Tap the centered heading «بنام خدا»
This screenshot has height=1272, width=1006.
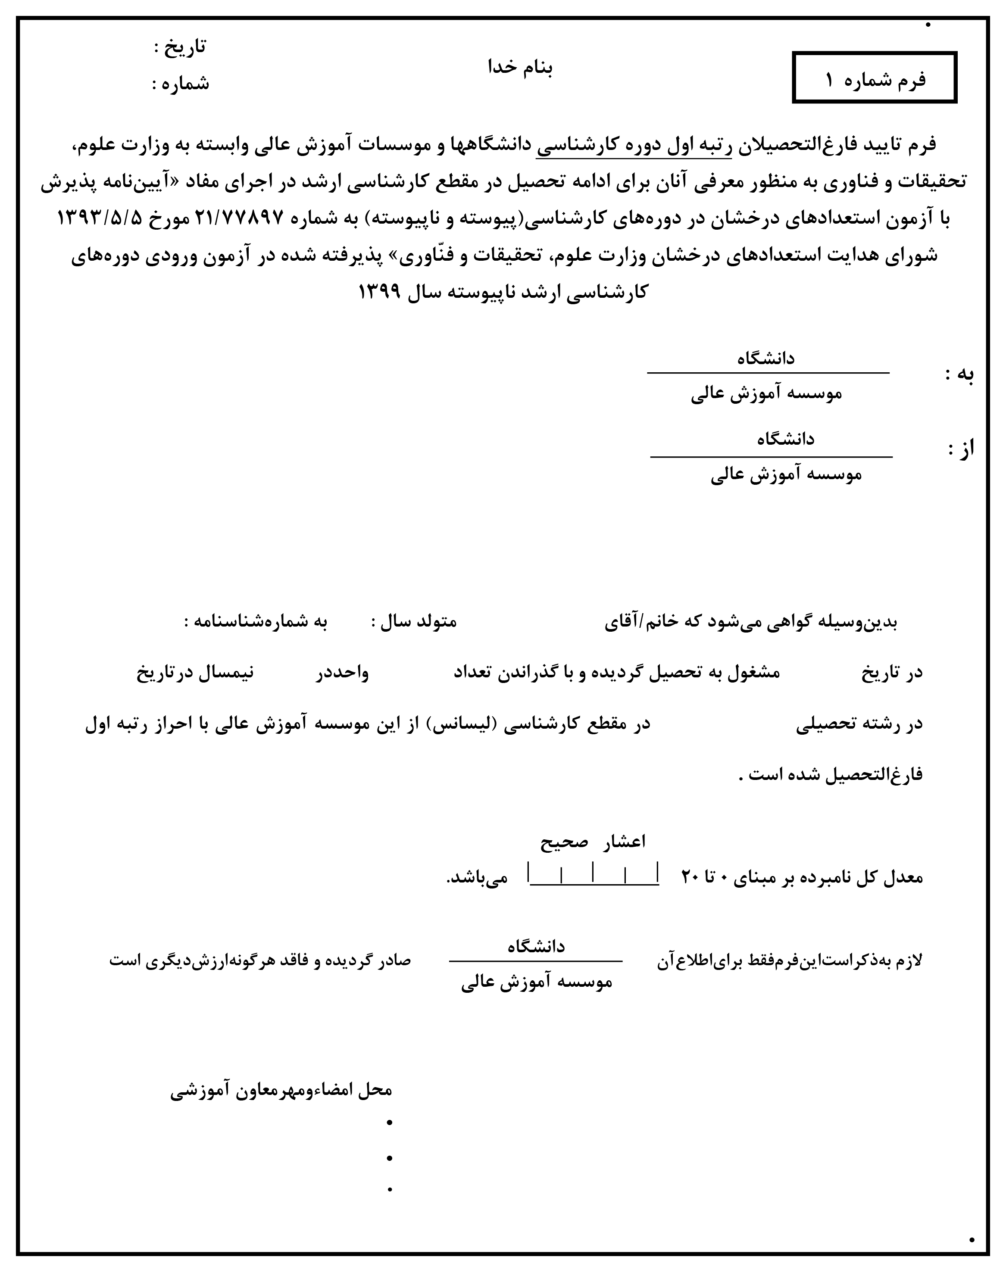tap(520, 67)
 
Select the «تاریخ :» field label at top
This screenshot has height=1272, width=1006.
tap(180, 47)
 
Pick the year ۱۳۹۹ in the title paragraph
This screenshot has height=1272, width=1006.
tap(379, 291)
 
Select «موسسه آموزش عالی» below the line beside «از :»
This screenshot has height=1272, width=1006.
tap(786, 475)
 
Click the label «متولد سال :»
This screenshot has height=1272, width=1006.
tap(414, 622)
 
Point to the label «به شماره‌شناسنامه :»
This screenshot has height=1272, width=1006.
tap(255, 622)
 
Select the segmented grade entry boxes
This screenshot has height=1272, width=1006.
tap(593, 873)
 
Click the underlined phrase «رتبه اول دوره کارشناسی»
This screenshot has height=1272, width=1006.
tap(634, 145)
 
